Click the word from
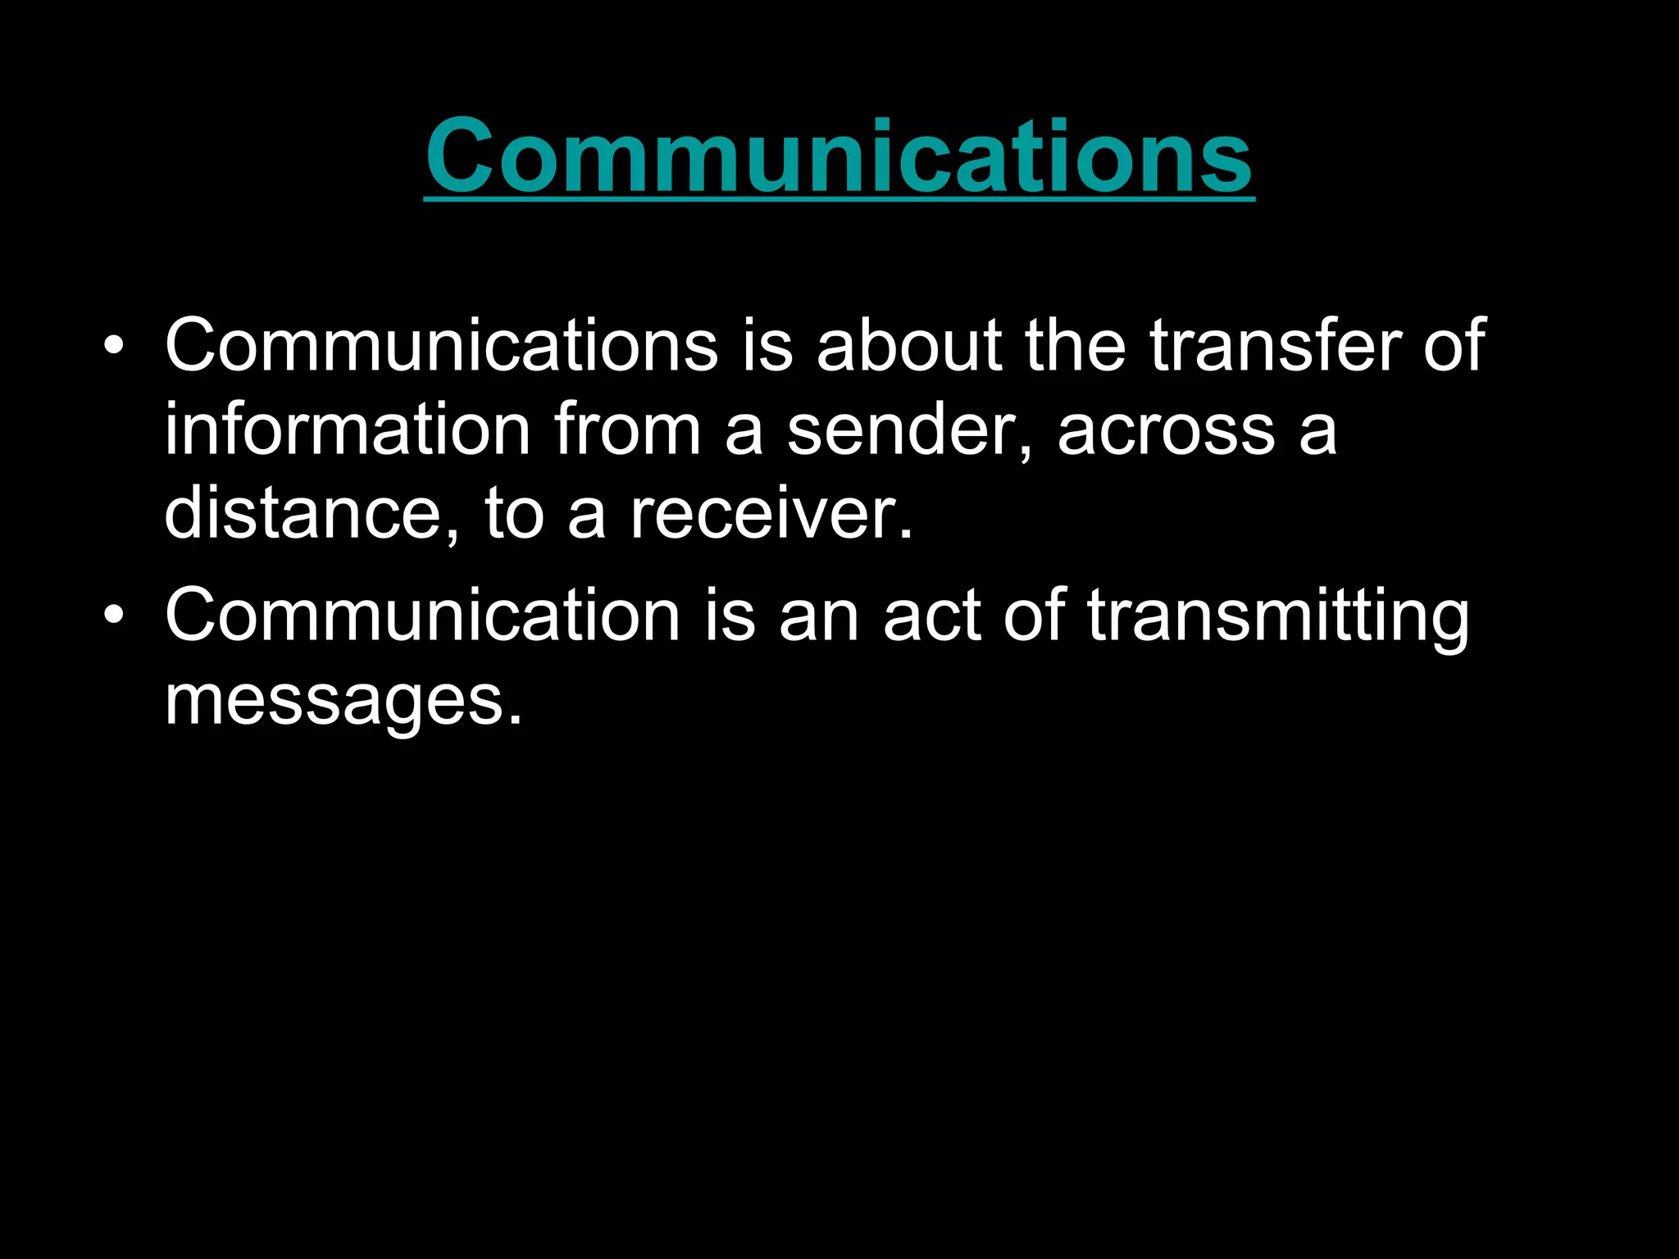pyautogui.click(x=627, y=430)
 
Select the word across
pyautogui.click(x=1166, y=431)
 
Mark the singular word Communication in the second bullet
pyautogui.click(x=422, y=616)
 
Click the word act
pyautogui.click(x=932, y=616)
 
